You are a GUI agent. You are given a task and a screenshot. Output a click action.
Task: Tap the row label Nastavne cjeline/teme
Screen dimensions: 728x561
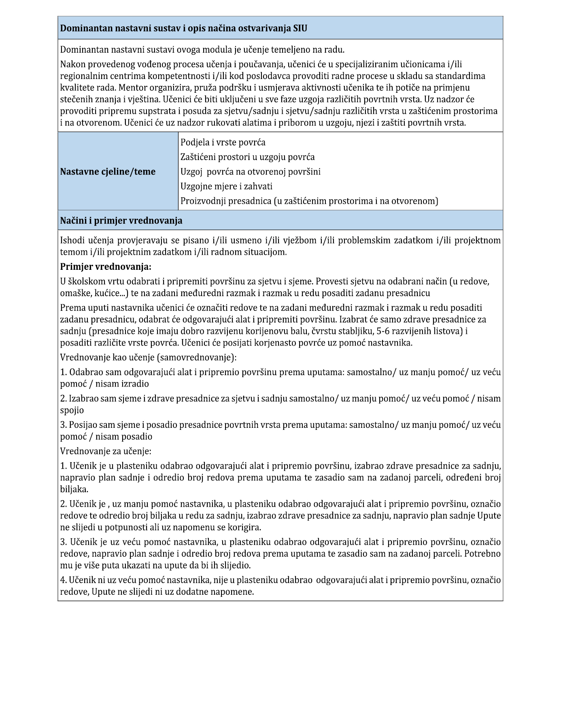click(108, 171)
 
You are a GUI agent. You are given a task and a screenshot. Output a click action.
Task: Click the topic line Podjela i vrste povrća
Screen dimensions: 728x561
click(223, 142)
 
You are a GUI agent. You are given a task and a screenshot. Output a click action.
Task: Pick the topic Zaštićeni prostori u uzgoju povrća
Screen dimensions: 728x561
click(247, 157)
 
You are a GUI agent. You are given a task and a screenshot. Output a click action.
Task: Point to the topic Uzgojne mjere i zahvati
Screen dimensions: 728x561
click(226, 186)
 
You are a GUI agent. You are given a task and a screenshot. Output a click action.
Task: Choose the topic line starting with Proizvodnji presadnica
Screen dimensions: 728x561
click(309, 201)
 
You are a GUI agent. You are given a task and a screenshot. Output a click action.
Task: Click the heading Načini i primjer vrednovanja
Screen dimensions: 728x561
click(121, 221)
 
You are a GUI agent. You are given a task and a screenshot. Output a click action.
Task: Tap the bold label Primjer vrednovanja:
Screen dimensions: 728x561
click(106, 267)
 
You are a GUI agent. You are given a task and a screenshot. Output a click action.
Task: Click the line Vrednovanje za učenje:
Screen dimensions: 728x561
click(106, 451)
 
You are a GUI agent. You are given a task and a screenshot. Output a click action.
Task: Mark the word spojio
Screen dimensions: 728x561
click(72, 410)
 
